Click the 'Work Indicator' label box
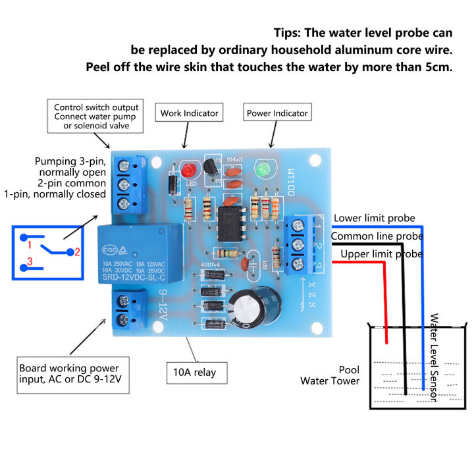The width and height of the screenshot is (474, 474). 188,113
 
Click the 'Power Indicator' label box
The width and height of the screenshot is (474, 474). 276,113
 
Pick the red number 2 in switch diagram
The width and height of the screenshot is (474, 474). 77,251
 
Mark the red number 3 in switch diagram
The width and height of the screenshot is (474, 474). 28,263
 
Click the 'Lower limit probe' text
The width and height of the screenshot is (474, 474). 374,218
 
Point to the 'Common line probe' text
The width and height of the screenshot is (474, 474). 376,236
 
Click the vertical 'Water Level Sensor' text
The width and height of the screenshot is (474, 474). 433,357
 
